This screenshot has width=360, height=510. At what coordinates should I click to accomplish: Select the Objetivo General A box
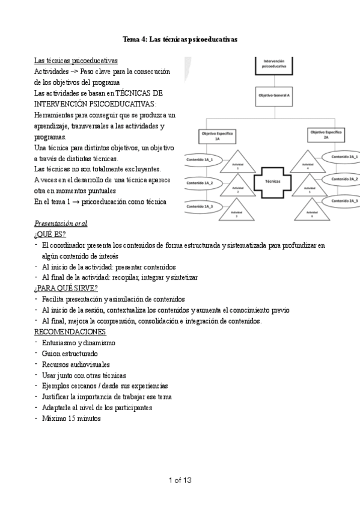click(x=274, y=96)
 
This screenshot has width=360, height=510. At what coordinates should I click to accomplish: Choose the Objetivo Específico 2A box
click(x=326, y=134)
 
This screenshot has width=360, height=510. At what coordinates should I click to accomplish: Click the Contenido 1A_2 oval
click(x=200, y=182)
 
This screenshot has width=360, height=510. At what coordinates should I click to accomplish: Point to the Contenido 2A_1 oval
click(x=345, y=157)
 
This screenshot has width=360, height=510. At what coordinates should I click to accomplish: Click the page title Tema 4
click(x=180, y=40)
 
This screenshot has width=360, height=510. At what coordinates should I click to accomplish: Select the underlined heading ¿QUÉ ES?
click(x=50, y=234)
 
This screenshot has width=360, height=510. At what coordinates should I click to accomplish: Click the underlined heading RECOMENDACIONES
click(x=70, y=331)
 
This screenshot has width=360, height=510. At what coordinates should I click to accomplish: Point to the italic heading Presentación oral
click(x=61, y=224)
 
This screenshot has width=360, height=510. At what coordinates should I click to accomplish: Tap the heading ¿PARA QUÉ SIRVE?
click(x=66, y=288)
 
